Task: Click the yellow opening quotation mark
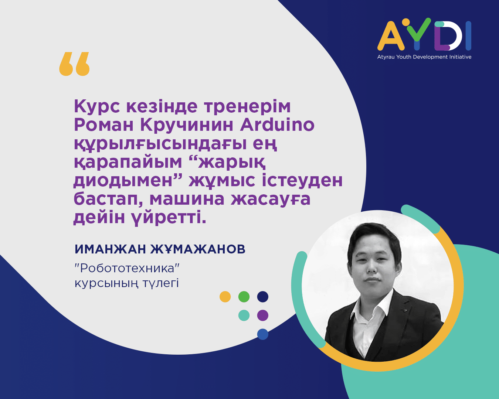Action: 74,64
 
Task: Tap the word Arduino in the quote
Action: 277,125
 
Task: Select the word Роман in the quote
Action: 103,125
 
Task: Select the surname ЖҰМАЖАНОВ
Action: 198,249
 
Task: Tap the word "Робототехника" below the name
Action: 127,269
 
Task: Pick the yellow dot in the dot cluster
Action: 225,297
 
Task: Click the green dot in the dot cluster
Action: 244,297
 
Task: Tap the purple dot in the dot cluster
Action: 263,315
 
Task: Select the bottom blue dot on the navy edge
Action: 263,334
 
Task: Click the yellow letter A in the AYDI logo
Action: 391,36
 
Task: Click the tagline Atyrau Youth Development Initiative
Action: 424,57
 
